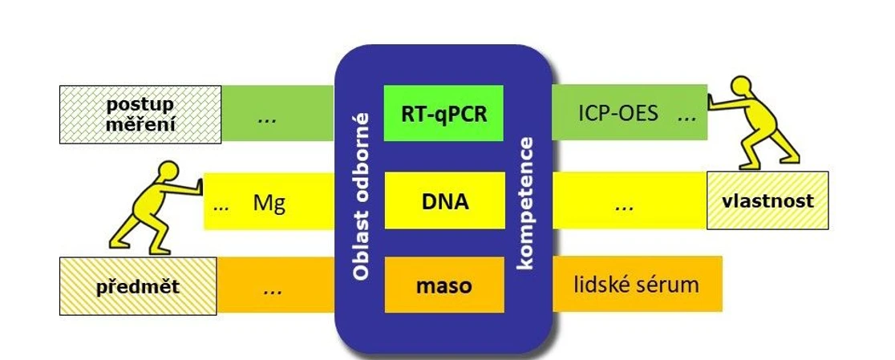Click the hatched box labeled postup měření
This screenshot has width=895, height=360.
point(140,115)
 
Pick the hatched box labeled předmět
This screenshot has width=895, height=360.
point(138,286)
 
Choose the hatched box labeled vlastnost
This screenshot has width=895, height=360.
point(767,200)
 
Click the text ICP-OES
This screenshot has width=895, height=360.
point(619,113)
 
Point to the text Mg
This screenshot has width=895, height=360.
point(269,202)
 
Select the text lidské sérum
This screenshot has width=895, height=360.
point(637,284)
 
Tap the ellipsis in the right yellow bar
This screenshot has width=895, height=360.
point(623,206)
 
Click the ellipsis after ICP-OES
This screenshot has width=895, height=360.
point(686,117)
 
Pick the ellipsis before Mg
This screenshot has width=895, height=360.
point(222,205)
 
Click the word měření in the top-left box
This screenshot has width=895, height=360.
point(140,124)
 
